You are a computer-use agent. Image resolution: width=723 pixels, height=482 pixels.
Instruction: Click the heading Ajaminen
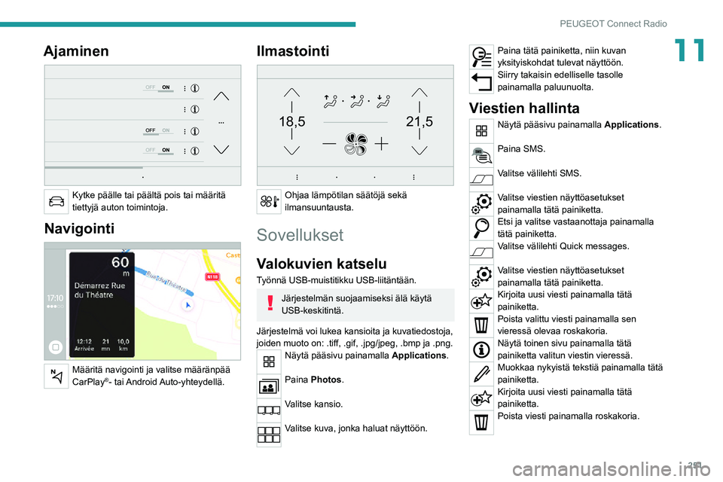coord(76,51)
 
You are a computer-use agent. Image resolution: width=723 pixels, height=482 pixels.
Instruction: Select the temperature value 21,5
coord(419,120)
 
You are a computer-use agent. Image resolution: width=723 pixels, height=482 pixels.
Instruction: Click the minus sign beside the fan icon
coord(329,143)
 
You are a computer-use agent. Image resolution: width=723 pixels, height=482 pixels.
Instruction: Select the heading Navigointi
coord(78,227)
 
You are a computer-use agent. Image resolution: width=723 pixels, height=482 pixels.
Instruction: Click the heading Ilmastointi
coord(292,51)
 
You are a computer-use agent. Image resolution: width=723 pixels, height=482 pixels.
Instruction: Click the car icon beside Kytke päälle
coord(56,201)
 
